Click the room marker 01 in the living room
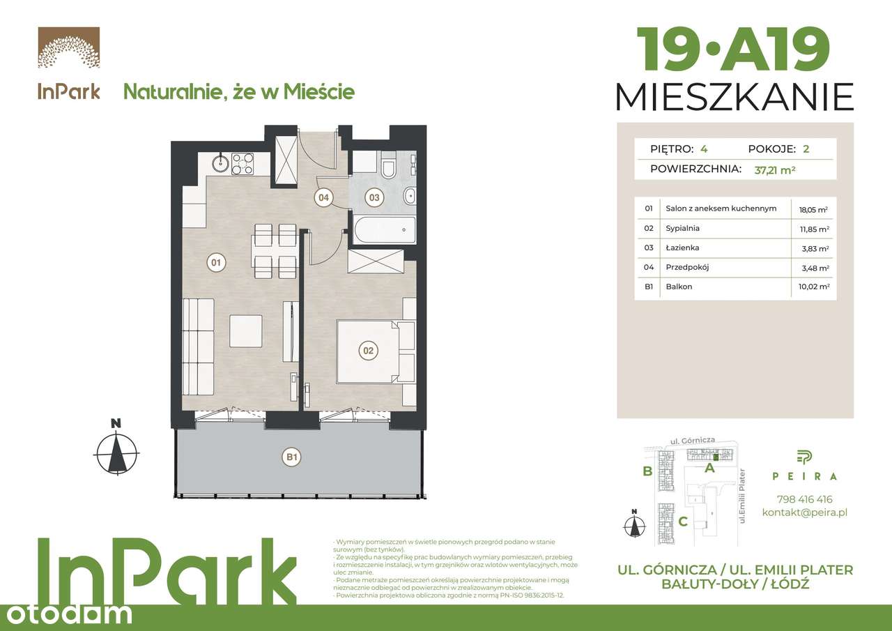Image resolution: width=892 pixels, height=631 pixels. tap(215, 263)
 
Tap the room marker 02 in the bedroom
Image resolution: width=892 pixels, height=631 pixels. tap(368, 350)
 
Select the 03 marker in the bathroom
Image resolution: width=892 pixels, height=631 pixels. tap(374, 197)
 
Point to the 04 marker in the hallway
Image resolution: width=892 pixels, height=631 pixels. tap(323, 197)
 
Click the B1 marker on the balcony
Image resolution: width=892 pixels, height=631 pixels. tap(291, 458)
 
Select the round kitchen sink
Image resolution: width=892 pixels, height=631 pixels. tap(220, 164)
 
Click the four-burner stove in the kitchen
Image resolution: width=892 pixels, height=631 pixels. tap(242, 164)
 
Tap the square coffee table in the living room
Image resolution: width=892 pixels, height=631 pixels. tap(246, 331)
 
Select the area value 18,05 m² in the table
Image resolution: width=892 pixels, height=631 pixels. tap(813, 208)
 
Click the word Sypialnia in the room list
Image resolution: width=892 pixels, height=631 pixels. tap(682, 228)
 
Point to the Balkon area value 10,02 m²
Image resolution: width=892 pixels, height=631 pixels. tap(813, 287)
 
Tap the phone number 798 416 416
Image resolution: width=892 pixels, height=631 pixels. tap(804, 499)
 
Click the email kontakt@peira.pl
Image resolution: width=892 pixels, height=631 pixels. tap(804, 512)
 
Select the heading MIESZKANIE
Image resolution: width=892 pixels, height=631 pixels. tap(735, 97)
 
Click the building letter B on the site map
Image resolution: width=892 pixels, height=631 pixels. tap(647, 471)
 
